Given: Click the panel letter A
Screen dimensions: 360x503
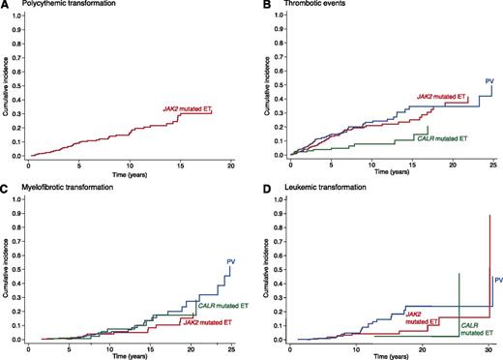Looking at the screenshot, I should tap(6, 6).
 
